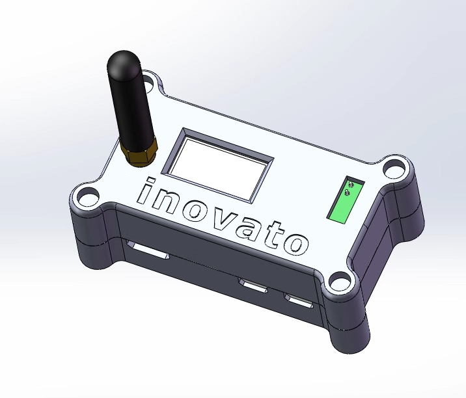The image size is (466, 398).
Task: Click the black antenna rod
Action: coord(130,98)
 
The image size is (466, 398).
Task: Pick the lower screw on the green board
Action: coord(346,193)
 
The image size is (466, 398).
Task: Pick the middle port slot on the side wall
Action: coord(253,284)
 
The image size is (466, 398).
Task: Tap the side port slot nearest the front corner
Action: coord(299,300)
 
